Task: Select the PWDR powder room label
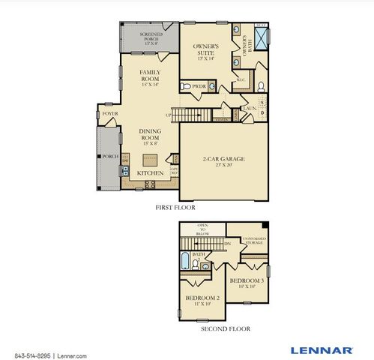pos(199,86)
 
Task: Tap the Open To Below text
pos(203,229)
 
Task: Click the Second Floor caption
pos(226,328)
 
